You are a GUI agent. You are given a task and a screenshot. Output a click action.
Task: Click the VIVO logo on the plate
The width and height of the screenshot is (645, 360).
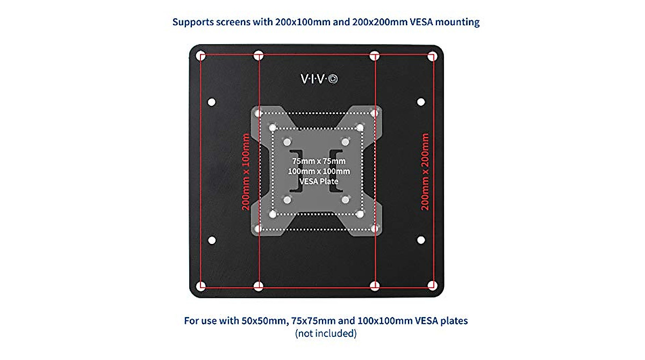tap(319, 79)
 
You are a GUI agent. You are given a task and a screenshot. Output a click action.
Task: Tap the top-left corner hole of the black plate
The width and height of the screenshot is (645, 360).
tap(201, 55)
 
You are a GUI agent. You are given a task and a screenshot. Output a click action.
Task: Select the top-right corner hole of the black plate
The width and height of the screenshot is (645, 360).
tap(432, 55)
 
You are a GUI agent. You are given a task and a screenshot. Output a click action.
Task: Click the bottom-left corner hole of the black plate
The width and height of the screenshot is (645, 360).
tap(201, 285)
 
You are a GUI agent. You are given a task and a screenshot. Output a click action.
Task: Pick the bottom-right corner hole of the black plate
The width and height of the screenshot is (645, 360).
tap(432, 285)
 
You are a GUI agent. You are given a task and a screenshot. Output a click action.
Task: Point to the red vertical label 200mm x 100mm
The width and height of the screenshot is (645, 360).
tap(246, 172)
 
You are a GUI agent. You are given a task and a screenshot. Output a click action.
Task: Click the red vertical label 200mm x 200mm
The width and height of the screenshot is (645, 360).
tap(425, 172)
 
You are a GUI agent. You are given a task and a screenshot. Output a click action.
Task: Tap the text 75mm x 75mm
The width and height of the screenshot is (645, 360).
tap(318, 161)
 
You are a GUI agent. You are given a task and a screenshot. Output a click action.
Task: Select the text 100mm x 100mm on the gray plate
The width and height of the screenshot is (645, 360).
tap(318, 171)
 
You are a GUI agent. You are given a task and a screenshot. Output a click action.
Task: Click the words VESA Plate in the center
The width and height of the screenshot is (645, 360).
tap(318, 181)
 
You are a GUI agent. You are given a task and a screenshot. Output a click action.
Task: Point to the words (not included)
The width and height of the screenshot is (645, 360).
tap(326, 333)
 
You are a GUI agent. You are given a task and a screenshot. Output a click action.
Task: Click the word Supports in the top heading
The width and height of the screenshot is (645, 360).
tap(191, 23)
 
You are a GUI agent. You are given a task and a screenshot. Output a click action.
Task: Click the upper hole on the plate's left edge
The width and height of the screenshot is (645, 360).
tap(211, 102)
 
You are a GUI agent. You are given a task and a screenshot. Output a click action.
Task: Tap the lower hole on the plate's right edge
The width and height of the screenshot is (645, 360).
tap(421, 240)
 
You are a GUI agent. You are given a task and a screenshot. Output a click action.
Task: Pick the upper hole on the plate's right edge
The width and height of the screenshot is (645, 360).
tap(421, 102)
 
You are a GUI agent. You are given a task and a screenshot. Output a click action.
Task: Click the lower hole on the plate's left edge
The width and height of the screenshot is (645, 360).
tap(211, 240)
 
